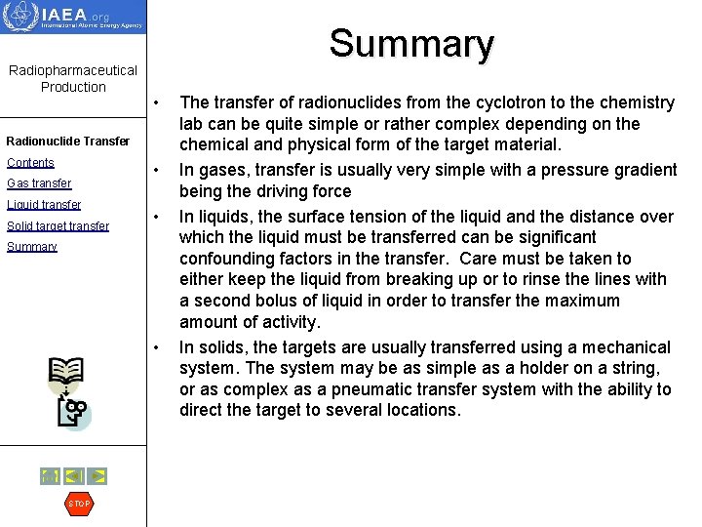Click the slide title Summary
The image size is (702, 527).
tap(410, 44)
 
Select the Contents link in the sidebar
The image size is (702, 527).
tap(30, 162)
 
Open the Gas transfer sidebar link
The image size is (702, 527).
tap(39, 183)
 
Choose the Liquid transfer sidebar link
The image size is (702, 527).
tap(44, 204)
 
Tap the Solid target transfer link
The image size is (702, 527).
tap(58, 225)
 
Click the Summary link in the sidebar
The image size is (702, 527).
tap(32, 247)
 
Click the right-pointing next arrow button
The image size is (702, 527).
tap(97, 476)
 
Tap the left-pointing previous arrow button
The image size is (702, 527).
tap(74, 476)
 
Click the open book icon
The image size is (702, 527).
tap(66, 372)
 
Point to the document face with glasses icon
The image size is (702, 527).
tap(73, 414)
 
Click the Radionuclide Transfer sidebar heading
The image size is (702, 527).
tap(67, 141)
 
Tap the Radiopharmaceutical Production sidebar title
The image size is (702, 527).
tap(73, 78)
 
